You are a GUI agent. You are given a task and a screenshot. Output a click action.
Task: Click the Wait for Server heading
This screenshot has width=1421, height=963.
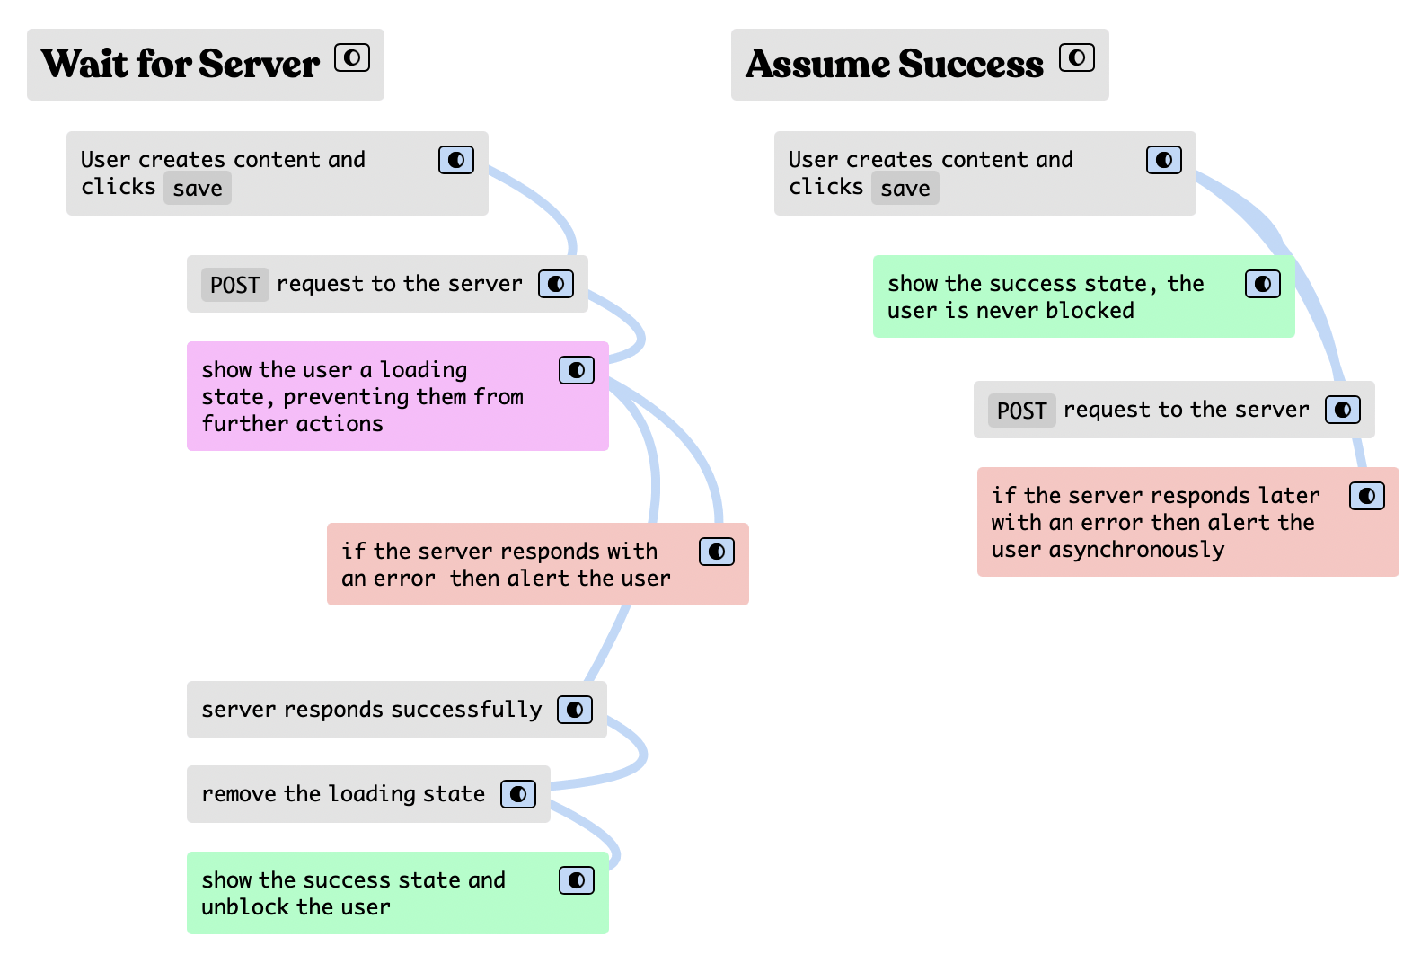click(x=181, y=64)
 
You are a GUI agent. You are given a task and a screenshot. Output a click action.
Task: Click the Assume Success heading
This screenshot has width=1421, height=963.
click(x=895, y=64)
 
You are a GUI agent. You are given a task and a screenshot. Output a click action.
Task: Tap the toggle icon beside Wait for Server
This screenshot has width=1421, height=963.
click(x=352, y=57)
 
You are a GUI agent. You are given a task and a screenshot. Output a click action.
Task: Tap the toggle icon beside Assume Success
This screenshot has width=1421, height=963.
click(x=1077, y=57)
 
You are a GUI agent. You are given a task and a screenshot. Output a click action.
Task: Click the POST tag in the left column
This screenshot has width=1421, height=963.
click(x=234, y=285)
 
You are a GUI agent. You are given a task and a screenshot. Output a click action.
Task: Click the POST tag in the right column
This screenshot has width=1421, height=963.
click(x=1021, y=411)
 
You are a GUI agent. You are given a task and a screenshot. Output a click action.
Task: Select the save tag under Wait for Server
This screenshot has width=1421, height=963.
click(x=198, y=189)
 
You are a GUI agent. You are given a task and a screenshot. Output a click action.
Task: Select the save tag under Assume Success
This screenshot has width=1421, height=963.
click(x=905, y=189)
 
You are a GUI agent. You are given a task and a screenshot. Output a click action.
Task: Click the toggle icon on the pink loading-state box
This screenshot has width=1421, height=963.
click(x=577, y=370)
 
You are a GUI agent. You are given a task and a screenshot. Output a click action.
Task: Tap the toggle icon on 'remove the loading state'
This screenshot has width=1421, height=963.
click(x=518, y=793)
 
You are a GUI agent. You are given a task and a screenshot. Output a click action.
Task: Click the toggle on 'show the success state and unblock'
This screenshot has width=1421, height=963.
click(x=577, y=879)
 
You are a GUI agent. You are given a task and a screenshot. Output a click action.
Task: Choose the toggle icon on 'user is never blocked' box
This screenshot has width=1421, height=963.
click(x=1262, y=284)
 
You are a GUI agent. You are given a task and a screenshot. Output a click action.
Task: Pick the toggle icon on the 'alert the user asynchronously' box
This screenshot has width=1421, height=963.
click(x=1367, y=496)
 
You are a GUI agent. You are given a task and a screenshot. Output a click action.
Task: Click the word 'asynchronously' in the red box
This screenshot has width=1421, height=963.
click(x=1136, y=550)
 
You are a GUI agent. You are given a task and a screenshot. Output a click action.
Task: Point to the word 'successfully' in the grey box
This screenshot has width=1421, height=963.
click(x=466, y=710)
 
